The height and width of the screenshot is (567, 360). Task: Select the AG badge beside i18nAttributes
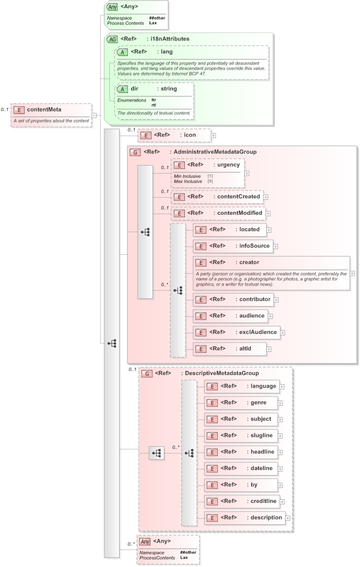(x=111, y=39)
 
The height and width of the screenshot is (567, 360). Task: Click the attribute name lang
(x=167, y=51)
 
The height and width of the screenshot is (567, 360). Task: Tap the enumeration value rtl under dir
(x=154, y=105)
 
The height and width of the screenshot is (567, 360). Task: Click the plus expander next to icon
(x=214, y=135)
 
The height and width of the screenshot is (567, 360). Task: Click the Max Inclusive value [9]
(x=210, y=181)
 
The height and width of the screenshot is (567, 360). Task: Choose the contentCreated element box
(x=217, y=197)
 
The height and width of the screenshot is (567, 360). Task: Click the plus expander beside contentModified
(x=268, y=213)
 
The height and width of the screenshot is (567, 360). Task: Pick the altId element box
(x=229, y=349)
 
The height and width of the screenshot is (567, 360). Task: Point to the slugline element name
(x=261, y=435)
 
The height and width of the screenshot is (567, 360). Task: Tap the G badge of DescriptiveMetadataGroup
(x=147, y=373)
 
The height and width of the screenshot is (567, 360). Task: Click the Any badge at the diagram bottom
(x=145, y=541)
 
